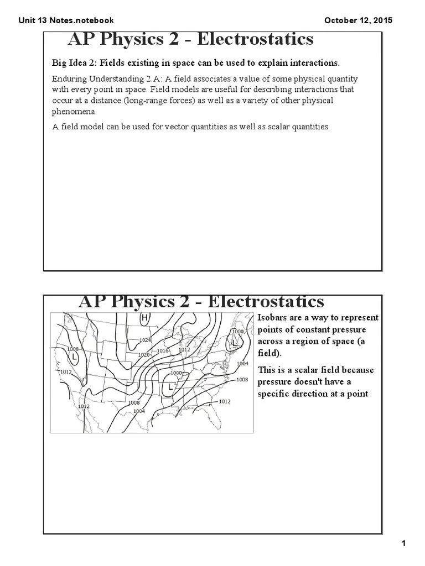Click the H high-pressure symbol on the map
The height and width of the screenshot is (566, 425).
pyautogui.click(x=144, y=318)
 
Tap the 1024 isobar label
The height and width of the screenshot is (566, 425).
pyautogui.click(x=145, y=340)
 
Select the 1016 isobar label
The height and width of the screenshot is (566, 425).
pyautogui.click(x=163, y=351)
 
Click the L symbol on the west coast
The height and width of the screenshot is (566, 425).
pyautogui.click(x=74, y=358)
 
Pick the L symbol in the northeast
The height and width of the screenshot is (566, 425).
pyautogui.click(x=234, y=343)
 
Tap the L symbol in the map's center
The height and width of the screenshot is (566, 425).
pyautogui.click(x=170, y=386)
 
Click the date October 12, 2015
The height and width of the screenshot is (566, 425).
pyautogui.click(x=358, y=20)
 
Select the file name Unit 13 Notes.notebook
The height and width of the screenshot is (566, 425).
pyautogui.click(x=66, y=20)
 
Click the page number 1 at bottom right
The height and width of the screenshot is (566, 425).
pyautogui.click(x=404, y=543)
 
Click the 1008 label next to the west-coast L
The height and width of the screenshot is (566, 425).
pyautogui.click(x=72, y=349)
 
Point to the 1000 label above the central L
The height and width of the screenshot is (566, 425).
pyautogui.click(x=176, y=373)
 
